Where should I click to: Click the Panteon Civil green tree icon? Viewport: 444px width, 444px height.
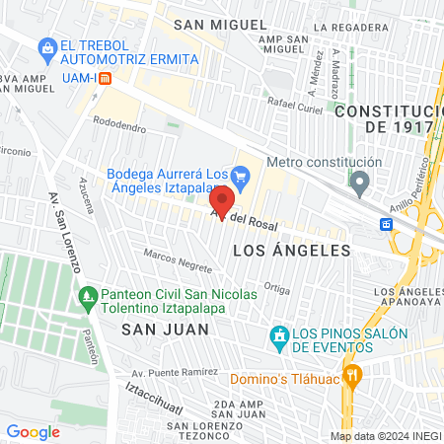(x=89, y=295)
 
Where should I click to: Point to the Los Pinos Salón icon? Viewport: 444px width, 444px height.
(x=280, y=337)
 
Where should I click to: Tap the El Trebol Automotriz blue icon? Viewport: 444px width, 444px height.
(x=46, y=46)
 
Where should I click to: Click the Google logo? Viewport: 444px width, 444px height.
(x=33, y=431)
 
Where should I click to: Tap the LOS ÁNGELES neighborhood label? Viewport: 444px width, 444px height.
(x=291, y=251)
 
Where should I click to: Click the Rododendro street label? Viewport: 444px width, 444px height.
(x=119, y=128)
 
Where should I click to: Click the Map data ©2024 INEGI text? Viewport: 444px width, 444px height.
(x=385, y=436)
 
